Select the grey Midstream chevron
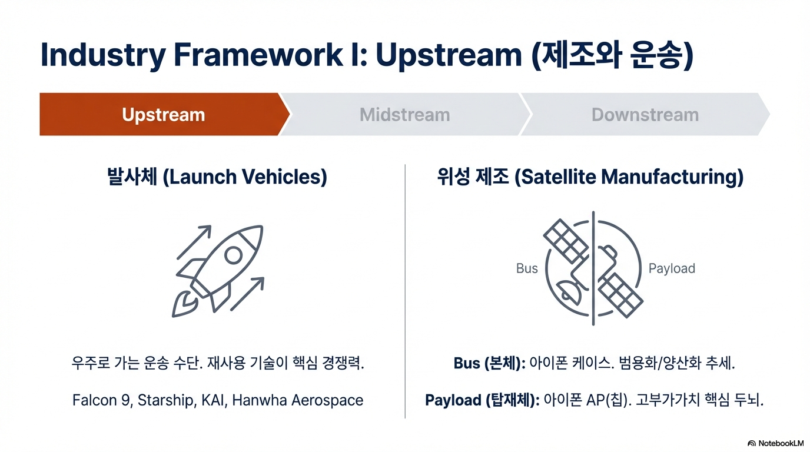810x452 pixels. click(x=405, y=114)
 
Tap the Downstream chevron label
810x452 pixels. click(x=645, y=115)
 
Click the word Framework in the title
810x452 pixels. click(x=258, y=55)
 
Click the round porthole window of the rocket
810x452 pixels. click(x=233, y=255)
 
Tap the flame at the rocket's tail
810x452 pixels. click(x=184, y=305)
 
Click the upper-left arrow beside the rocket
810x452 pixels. click(x=194, y=242)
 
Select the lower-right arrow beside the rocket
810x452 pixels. click(x=247, y=294)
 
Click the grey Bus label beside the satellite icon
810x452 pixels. click(x=527, y=268)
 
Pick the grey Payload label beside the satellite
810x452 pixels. click(x=672, y=268)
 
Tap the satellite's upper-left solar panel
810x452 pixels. click(x=566, y=241)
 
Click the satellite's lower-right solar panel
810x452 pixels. click(x=620, y=295)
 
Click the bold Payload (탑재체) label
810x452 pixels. click(x=482, y=400)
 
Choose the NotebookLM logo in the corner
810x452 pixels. click(x=775, y=443)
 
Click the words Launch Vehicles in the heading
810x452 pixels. click(x=245, y=177)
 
